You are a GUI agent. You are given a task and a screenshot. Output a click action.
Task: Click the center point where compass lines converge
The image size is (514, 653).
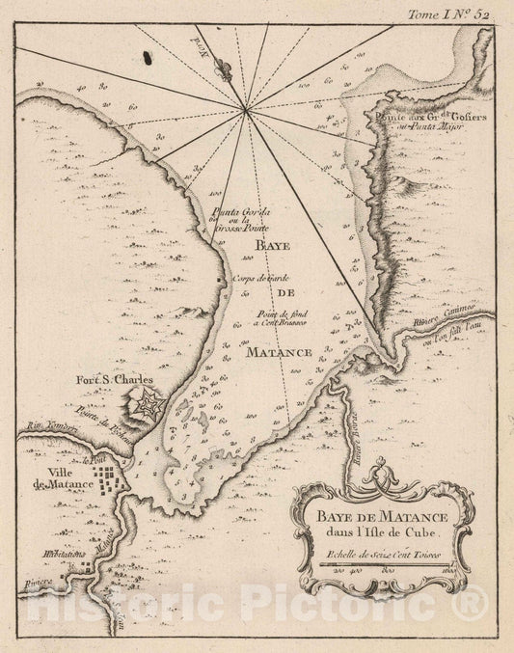[x=249, y=112]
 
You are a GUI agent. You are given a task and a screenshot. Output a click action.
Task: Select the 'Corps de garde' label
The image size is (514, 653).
[x=262, y=279]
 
